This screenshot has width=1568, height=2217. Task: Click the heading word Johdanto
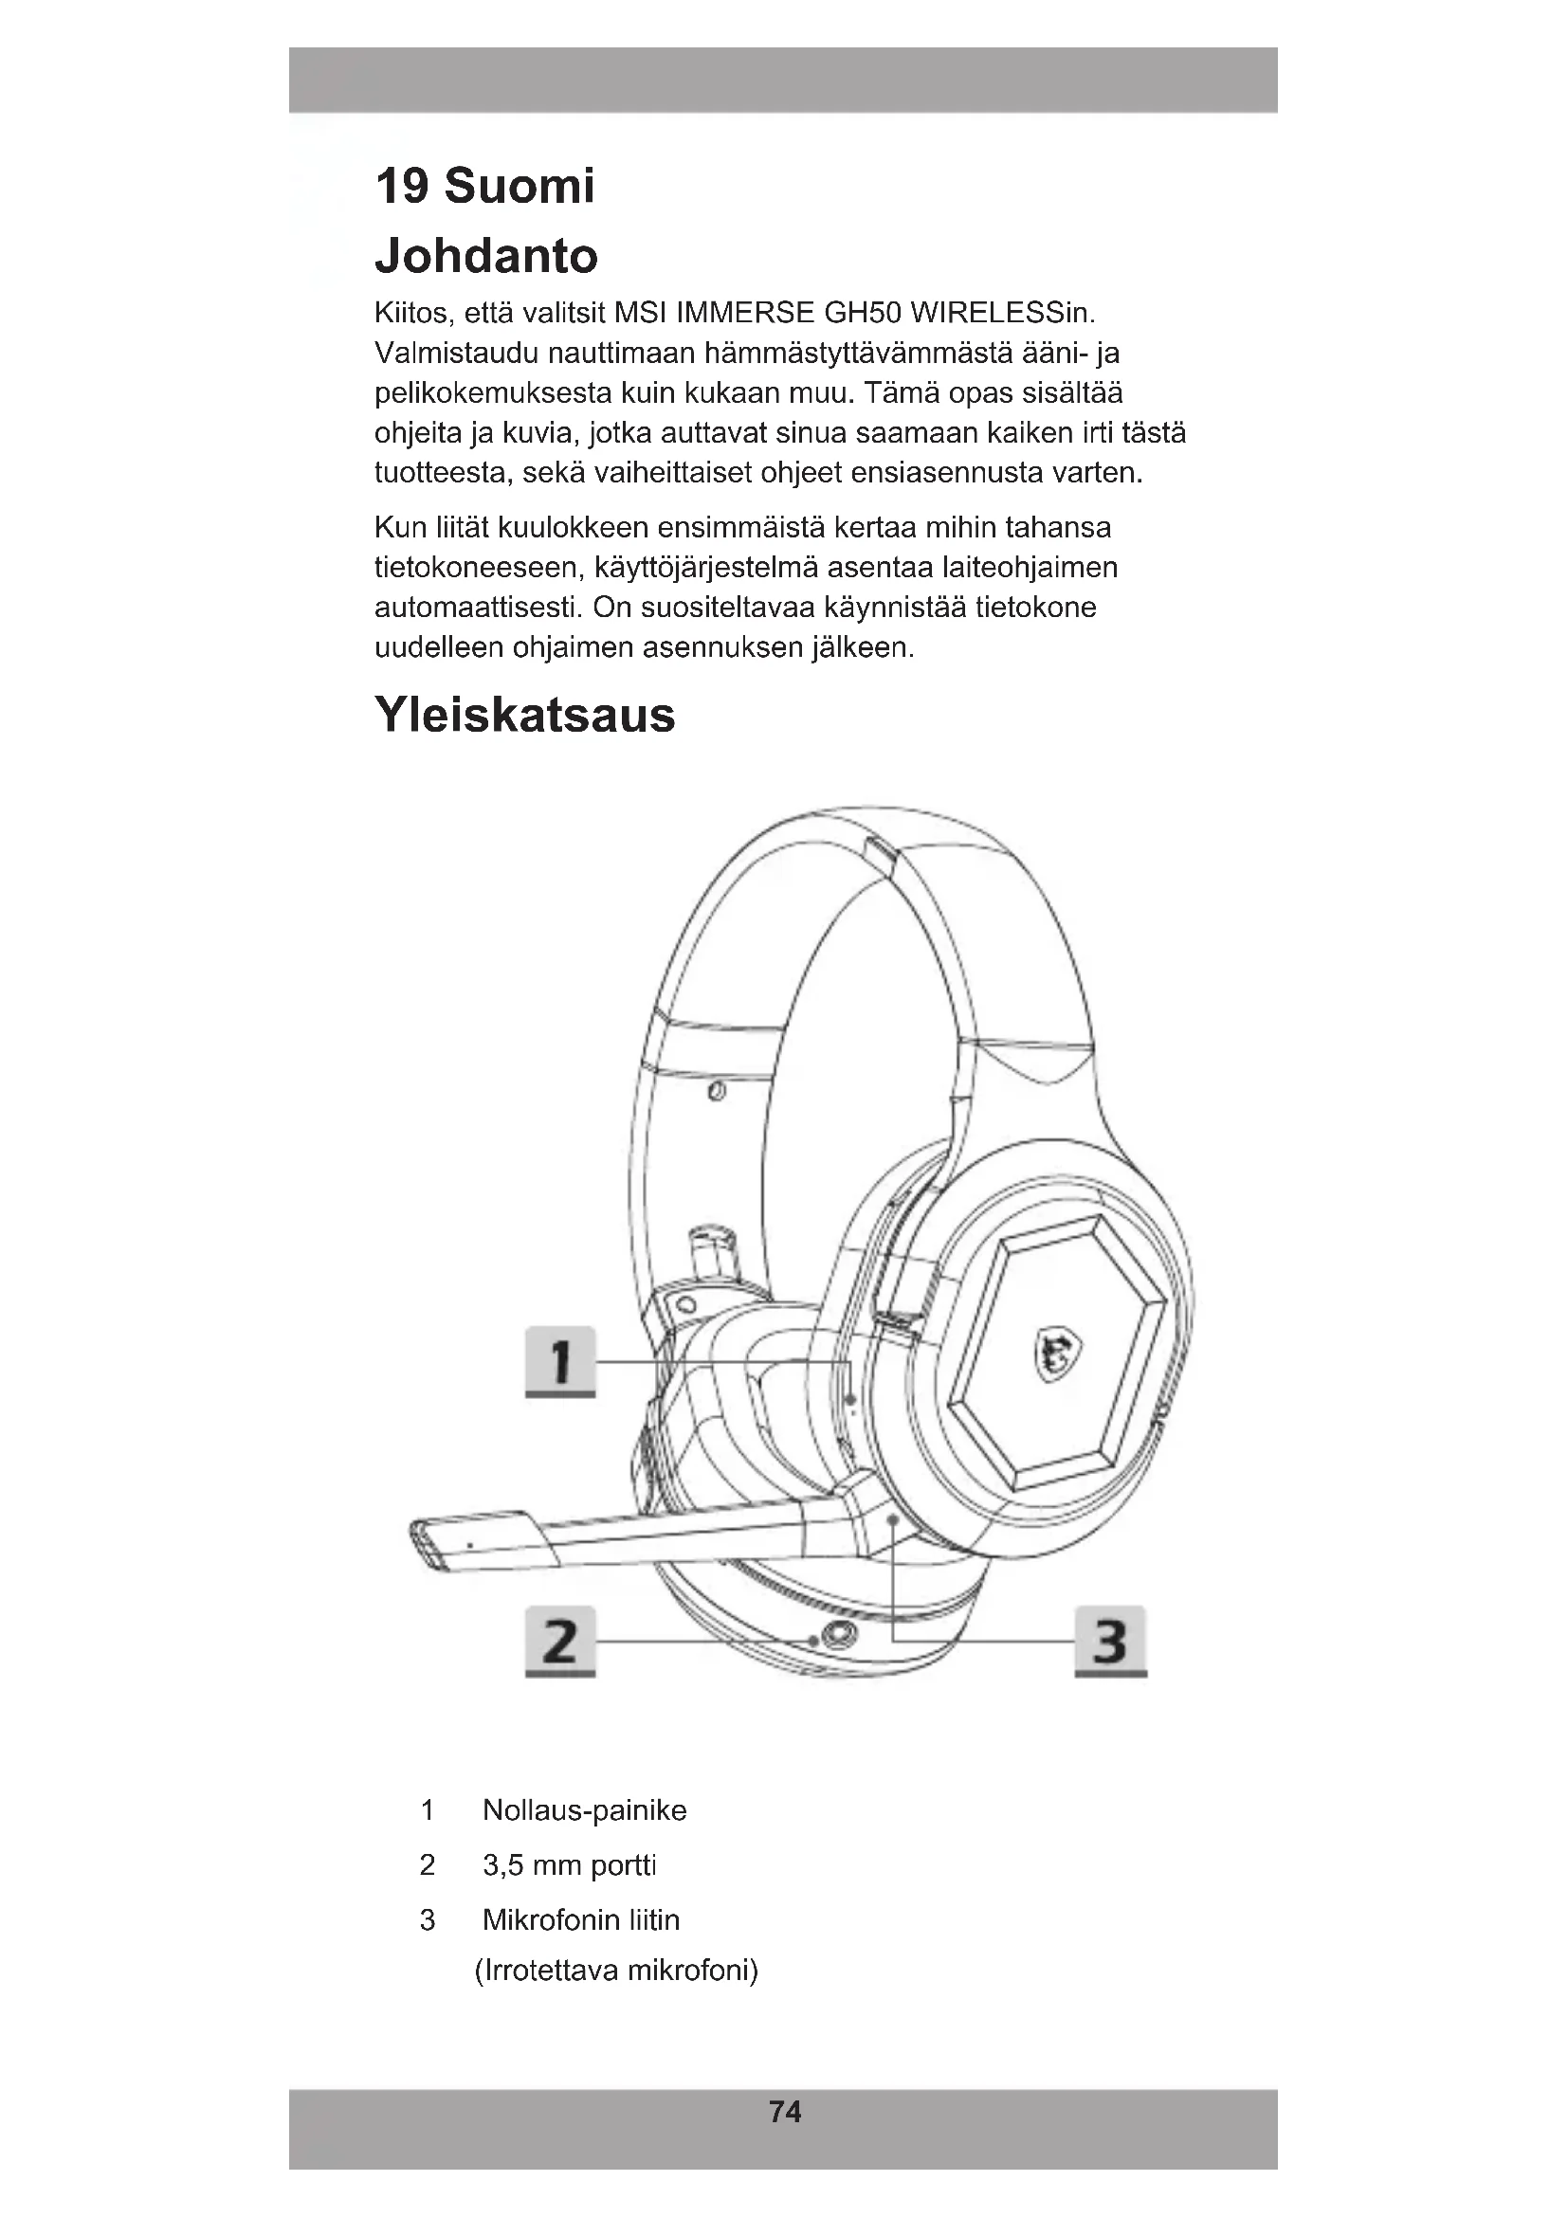(485, 256)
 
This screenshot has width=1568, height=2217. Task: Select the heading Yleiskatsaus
(524, 716)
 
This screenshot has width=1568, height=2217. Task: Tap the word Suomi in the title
(520, 186)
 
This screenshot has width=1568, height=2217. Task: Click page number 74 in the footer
(785, 2112)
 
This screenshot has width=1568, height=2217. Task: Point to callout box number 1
(560, 1361)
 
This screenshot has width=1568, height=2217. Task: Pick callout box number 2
(560, 1641)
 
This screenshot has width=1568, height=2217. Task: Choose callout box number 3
(1110, 1641)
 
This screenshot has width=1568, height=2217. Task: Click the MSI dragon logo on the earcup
(1056, 1352)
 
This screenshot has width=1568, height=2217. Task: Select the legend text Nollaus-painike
(584, 1810)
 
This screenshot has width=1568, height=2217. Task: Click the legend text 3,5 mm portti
(570, 1865)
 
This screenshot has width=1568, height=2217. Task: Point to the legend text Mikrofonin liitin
(581, 1919)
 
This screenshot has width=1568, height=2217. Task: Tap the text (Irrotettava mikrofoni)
(617, 1970)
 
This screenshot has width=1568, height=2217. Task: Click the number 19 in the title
(402, 186)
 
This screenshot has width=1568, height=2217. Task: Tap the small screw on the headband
(717, 1092)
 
